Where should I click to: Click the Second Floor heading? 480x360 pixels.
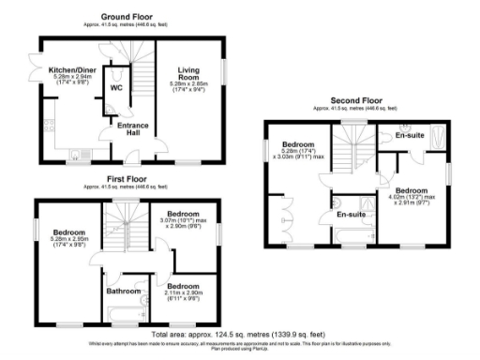[355, 98]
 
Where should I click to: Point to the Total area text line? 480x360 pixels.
[240, 335]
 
